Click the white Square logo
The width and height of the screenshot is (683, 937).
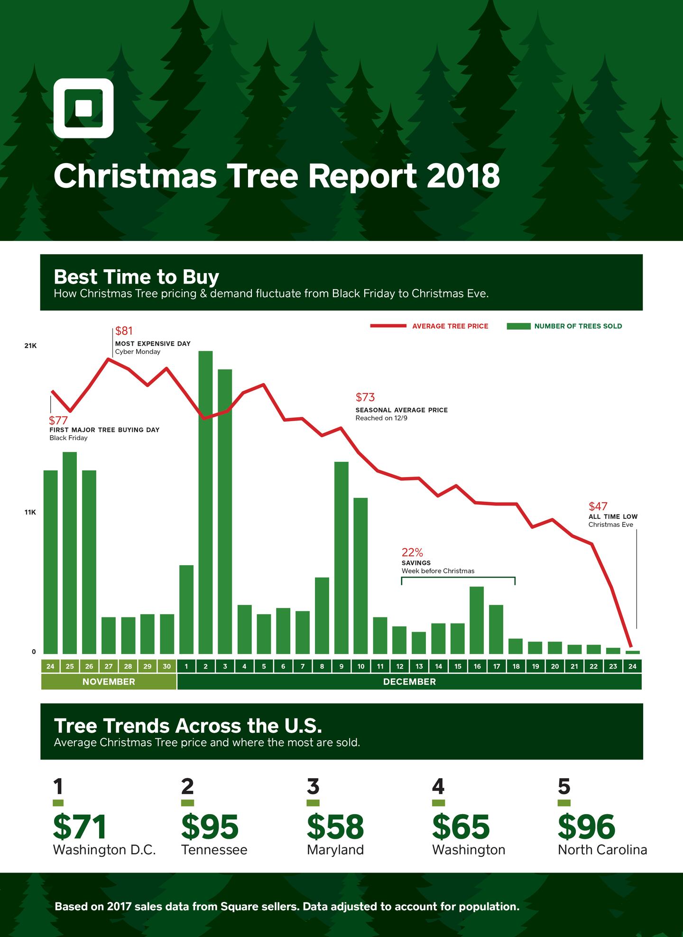83,108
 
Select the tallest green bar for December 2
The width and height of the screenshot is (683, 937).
205,503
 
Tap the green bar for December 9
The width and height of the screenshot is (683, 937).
341,558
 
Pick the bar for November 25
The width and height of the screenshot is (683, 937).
70,553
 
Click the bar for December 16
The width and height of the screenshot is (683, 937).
477,620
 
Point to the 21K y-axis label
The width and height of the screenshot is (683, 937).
30,346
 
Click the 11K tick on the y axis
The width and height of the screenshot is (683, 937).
30,513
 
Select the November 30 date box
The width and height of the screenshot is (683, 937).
166,666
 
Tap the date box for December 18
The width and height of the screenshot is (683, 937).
516,666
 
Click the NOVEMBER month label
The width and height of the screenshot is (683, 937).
109,682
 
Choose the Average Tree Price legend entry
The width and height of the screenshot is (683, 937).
450,326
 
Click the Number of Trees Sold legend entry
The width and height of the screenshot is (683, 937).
578,326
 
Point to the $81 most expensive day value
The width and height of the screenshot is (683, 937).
124,331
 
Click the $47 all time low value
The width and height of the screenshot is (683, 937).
598,506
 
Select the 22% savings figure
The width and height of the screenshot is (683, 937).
412,552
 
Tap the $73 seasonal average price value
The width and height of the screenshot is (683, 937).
365,397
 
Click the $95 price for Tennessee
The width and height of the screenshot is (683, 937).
210,827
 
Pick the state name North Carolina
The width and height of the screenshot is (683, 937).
602,850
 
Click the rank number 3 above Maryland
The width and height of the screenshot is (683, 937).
313,787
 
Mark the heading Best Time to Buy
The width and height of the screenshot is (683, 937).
137,277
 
